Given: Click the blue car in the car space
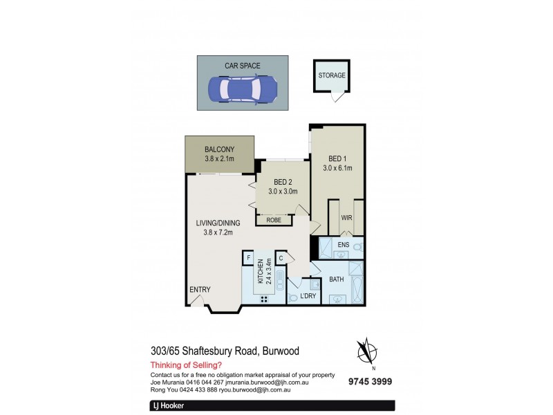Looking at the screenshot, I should (x=243, y=89).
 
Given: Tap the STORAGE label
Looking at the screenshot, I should (x=332, y=75).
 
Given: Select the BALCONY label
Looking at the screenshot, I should (x=219, y=149).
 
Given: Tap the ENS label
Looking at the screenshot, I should (x=343, y=244).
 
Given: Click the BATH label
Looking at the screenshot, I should (x=337, y=279).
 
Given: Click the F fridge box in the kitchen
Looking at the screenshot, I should (x=247, y=258).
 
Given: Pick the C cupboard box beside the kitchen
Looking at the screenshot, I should (x=281, y=258).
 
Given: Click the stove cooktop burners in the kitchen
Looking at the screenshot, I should (x=263, y=299).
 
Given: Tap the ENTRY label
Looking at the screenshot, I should (x=200, y=289).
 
